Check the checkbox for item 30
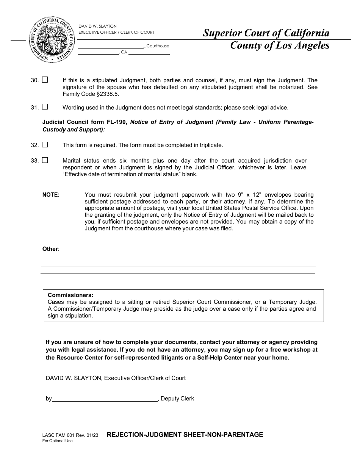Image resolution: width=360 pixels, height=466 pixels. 45,80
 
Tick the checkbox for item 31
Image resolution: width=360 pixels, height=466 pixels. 45,107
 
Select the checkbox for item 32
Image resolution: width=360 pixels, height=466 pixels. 45,145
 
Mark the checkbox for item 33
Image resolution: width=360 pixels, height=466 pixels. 45,160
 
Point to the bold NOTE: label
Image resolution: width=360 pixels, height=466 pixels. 51,195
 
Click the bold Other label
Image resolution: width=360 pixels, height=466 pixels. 50,249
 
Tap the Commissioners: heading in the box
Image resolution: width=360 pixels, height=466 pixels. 70,295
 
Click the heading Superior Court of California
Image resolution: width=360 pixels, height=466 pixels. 266,33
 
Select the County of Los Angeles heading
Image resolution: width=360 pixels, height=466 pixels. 280,46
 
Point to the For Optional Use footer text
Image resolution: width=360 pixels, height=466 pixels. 57,441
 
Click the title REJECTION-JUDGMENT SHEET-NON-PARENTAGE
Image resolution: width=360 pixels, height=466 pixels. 185,435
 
